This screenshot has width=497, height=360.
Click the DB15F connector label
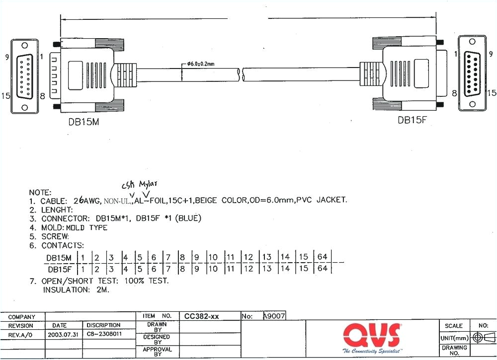tap(412, 120)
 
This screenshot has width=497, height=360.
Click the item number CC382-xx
tap(202, 316)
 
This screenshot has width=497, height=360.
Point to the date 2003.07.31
tap(63, 334)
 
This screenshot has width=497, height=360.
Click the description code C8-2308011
tap(104, 334)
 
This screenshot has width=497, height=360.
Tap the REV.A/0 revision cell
tap(21, 334)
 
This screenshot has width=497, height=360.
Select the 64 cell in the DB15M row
tap(322, 257)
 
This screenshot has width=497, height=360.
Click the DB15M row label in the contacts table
tap(59, 257)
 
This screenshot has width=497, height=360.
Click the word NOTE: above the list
tap(40, 192)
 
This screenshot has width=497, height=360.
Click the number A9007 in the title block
tap(273, 316)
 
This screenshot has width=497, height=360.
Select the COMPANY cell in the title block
tap(22, 317)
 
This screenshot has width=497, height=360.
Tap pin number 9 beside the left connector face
tap(7, 57)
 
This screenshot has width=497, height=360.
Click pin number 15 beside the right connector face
tap(491, 93)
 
